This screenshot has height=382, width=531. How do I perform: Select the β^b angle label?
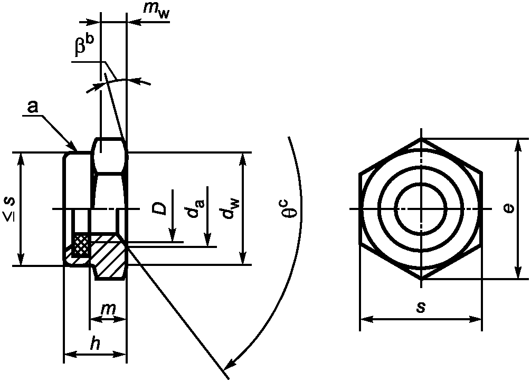point(84,44)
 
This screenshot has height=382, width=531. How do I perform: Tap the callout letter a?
point(33,107)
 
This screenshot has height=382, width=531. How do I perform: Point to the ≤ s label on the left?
point(10,209)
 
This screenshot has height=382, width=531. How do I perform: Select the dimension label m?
point(109,309)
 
